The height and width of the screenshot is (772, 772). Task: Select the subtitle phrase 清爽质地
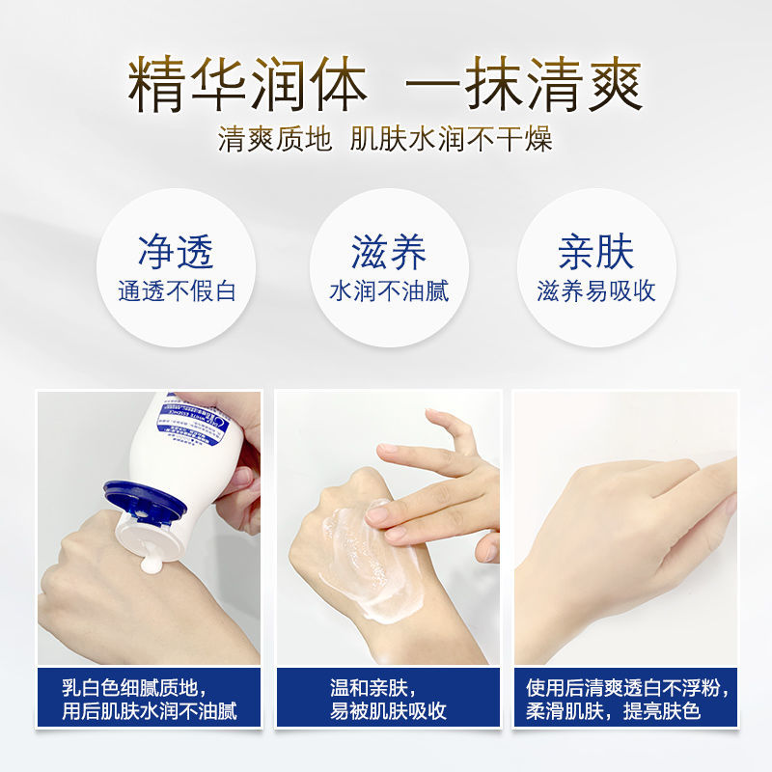tap(275, 140)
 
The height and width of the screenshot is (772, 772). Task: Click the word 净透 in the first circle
tap(176, 252)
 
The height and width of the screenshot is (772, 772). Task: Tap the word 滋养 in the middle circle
tap(388, 252)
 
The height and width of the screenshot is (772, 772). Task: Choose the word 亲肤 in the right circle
tap(596, 252)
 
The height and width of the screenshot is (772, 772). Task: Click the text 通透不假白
tap(177, 291)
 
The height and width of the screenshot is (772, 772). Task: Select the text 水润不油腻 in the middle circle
tap(388, 291)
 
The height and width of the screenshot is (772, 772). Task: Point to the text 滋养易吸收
tap(596, 291)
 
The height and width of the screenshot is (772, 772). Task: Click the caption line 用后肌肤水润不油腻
tap(149, 712)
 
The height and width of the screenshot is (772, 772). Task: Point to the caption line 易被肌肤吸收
tap(387, 712)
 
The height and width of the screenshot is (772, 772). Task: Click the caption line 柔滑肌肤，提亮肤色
tap(613, 712)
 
